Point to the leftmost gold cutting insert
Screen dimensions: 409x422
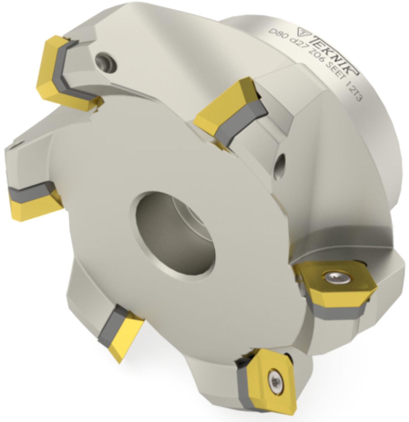pyautogui.click(x=33, y=203)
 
